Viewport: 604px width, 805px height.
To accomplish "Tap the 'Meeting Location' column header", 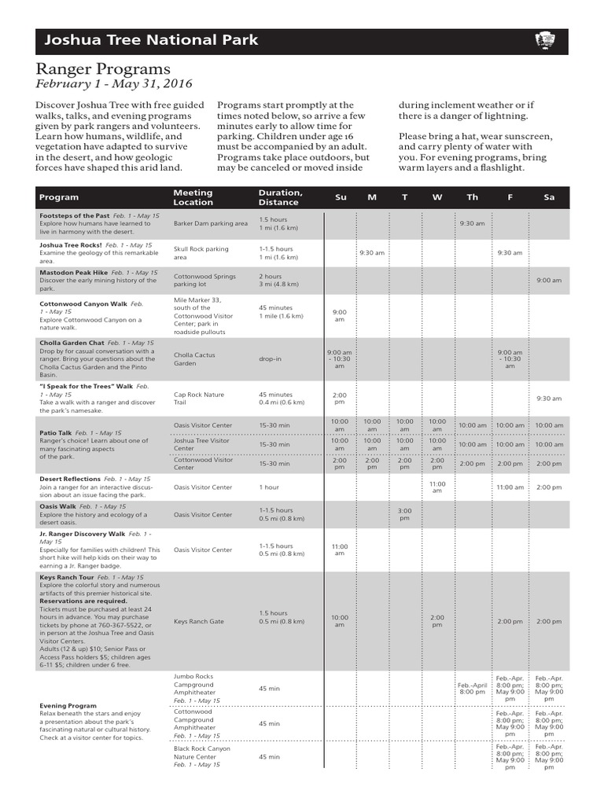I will [193, 197].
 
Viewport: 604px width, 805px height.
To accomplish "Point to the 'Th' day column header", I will [472, 197].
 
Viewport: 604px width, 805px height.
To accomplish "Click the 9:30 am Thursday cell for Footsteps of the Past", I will [472, 223].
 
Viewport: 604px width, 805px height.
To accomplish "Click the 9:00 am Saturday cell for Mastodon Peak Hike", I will [549, 281].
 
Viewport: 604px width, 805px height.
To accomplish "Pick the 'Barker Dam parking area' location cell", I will [210, 223].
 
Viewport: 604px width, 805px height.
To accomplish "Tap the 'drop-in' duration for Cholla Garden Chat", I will [271, 359].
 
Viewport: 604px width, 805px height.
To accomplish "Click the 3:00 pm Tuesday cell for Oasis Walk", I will [404, 514].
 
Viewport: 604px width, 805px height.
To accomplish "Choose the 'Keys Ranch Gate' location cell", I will [199, 621].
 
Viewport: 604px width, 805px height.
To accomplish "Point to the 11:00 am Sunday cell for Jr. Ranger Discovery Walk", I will [340, 550].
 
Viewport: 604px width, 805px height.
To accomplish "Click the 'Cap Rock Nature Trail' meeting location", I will [199, 399].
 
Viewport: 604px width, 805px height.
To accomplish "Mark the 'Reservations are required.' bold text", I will [83, 601].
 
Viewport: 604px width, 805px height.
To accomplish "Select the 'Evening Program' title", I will [68, 706].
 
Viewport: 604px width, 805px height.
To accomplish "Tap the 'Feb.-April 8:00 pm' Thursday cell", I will [472, 688].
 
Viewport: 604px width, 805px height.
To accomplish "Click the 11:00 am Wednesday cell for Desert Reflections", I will [437, 487].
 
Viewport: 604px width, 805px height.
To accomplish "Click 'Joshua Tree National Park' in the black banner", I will [150, 40].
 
